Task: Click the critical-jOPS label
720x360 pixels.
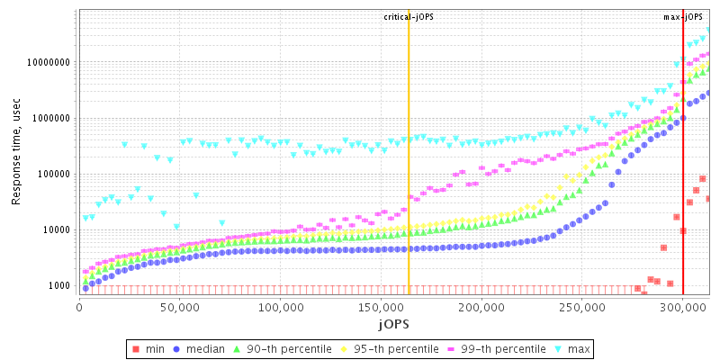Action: (409, 17)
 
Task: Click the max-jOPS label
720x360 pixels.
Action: (683, 17)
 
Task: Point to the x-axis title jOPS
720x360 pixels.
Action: (394, 323)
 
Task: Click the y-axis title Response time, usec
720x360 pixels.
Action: (16, 150)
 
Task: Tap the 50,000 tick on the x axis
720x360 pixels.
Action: (180, 308)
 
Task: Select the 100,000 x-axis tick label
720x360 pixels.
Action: (279, 308)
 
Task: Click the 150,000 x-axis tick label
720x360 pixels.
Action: (380, 308)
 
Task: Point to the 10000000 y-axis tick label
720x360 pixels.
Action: (48, 63)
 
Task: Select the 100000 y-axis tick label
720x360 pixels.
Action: (53, 175)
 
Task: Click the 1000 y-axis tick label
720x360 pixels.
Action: (58, 286)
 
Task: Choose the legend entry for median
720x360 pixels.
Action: (203, 348)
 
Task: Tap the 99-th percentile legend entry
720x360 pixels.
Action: (495, 348)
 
